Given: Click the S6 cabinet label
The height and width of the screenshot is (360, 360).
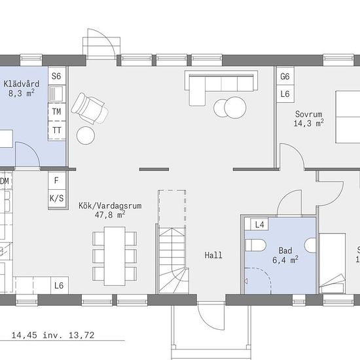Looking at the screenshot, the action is tap(56, 76).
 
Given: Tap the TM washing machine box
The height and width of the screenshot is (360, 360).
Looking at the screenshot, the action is tap(57, 112).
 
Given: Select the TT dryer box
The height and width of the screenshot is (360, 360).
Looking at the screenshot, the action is tap(57, 130).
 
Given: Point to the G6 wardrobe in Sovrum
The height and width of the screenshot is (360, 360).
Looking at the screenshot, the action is tap(285, 76).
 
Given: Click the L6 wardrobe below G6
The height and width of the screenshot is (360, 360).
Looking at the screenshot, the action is tap(285, 94).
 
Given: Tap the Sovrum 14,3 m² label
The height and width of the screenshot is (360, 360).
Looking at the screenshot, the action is tap(309, 118).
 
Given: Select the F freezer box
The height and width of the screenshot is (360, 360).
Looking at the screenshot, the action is tap(57, 181).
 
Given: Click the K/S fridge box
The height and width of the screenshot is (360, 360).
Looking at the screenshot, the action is tap(57, 198).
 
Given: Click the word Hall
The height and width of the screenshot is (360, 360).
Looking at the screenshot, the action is tap(213, 255).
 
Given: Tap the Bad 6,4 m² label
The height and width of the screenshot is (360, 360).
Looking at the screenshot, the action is tap(285, 255).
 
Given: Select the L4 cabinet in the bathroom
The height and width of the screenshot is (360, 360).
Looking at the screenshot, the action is tap(259, 225).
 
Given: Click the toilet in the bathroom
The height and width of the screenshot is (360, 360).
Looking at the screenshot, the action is tap(255, 245).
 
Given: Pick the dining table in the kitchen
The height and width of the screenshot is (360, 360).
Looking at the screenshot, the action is tap(115, 256).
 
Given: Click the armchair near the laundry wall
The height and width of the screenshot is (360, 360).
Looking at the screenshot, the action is tap(90, 109).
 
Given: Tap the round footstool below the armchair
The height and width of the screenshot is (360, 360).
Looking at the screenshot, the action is tap(86, 135).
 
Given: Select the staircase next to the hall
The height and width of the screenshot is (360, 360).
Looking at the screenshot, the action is tap(173, 261).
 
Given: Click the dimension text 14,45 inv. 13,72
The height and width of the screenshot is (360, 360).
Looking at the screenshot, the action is tap(53, 335).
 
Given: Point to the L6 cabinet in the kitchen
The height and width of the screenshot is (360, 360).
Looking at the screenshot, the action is tap(59, 285).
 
